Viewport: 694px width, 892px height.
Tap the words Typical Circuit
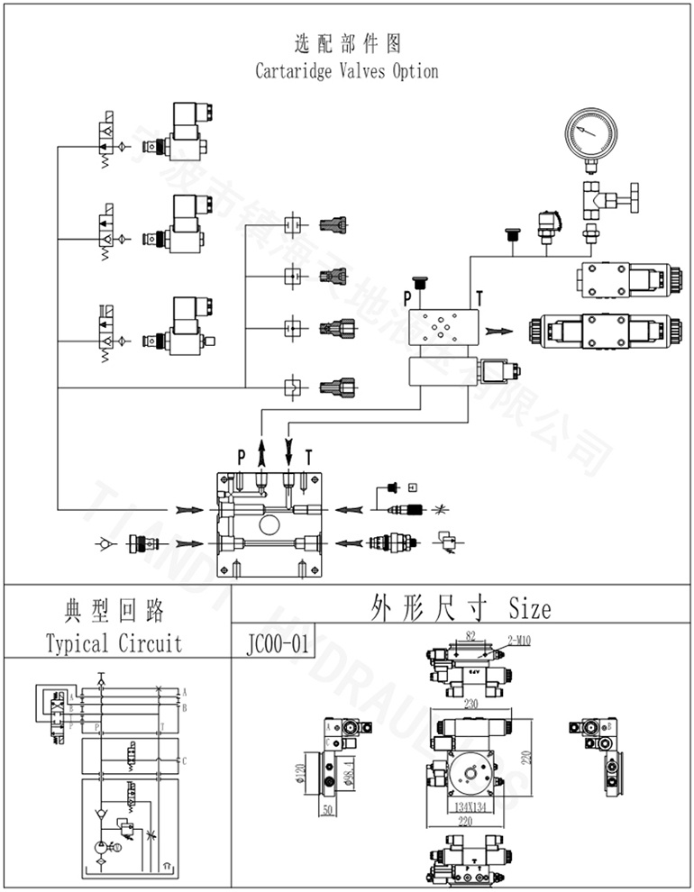tap(114, 642)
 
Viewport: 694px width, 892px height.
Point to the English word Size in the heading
tap(529, 608)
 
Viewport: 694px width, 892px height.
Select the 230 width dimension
tap(470, 705)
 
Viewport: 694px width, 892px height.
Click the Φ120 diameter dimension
tap(303, 772)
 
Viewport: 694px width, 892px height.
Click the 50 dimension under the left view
tap(327, 809)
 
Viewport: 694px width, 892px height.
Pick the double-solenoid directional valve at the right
tap(605, 331)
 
